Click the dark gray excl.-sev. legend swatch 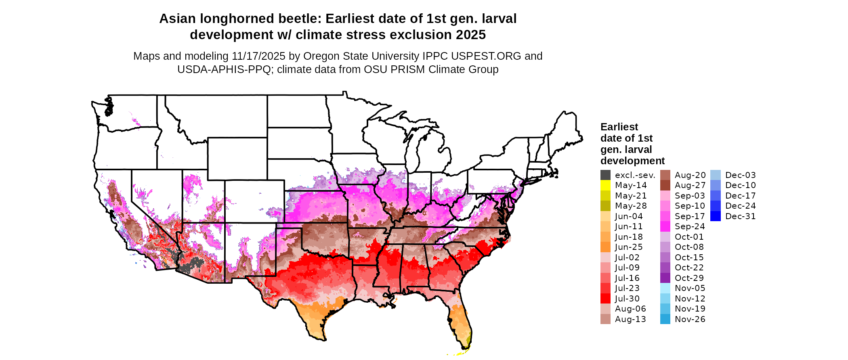605,175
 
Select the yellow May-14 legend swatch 605,185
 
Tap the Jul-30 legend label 627,299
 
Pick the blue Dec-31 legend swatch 715,216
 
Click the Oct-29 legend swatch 665,278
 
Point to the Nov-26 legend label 690,319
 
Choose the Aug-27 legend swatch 665,185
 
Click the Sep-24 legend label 690,226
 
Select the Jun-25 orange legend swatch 605,247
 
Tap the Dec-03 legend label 740,175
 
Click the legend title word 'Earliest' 619,127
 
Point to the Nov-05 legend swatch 665,288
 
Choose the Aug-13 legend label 630,319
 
